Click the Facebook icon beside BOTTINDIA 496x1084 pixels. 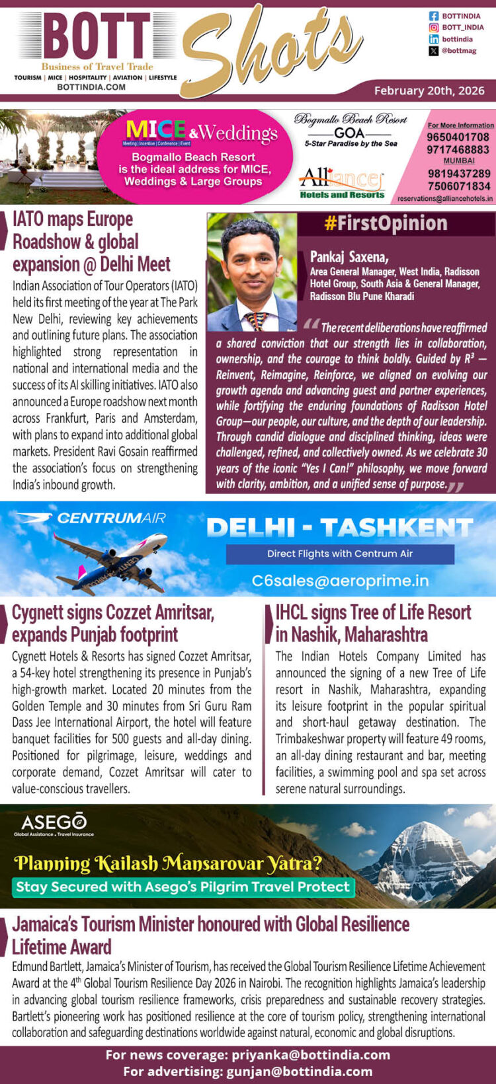click(x=434, y=16)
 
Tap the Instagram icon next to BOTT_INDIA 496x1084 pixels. click(x=434, y=28)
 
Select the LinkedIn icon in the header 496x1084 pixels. click(x=434, y=40)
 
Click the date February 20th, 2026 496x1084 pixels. click(x=429, y=90)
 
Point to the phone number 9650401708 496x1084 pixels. click(x=458, y=137)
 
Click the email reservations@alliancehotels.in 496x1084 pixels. click(x=445, y=198)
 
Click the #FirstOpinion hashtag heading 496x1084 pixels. click(x=386, y=224)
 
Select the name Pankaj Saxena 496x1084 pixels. click(x=349, y=257)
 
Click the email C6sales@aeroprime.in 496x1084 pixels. click(x=340, y=581)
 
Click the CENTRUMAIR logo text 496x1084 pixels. click(x=111, y=519)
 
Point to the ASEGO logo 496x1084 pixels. click(x=54, y=823)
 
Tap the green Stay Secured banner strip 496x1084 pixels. click(x=183, y=886)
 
